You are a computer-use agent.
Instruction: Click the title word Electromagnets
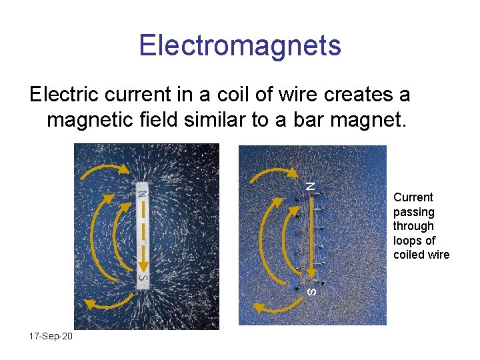coord(240,45)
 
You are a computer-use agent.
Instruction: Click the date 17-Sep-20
coord(51,336)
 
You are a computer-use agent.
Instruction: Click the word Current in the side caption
coord(413,197)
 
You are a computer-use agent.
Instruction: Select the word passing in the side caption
coord(414,212)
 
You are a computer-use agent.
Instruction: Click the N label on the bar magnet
coord(143,193)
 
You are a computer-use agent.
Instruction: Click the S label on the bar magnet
coord(143,275)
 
